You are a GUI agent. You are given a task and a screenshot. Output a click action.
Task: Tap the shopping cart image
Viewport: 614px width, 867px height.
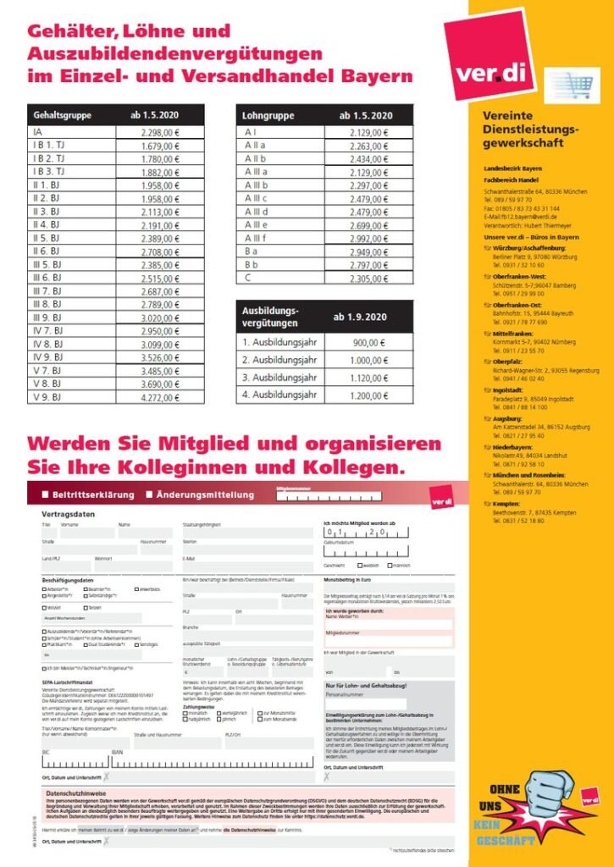click(572, 86)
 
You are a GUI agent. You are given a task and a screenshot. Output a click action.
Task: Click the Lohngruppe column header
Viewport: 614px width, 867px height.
click(267, 114)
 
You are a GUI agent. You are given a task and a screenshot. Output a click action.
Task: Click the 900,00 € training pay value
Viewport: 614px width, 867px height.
click(371, 343)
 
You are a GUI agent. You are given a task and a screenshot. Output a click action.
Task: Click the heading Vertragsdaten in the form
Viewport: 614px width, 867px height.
click(69, 514)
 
